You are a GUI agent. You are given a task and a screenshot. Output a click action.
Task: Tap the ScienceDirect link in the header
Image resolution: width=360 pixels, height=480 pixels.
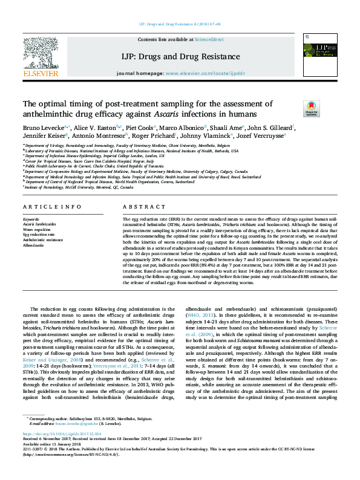click(209, 39)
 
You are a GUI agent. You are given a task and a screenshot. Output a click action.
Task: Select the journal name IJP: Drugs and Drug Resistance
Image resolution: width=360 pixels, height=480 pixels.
click(180, 57)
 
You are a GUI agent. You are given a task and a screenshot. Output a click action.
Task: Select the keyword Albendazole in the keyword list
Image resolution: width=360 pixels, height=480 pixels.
click(33, 245)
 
